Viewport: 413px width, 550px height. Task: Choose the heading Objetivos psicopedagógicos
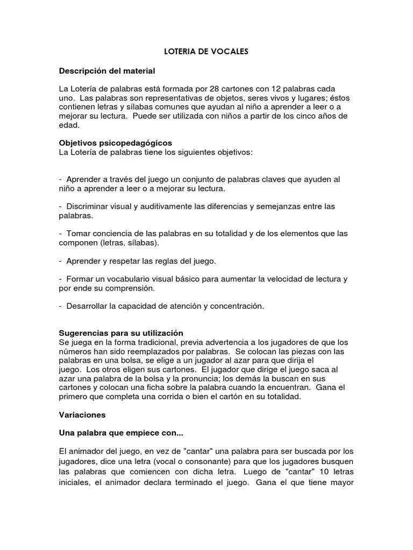pos(115,143)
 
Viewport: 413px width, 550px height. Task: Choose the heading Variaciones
pos(82,415)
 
